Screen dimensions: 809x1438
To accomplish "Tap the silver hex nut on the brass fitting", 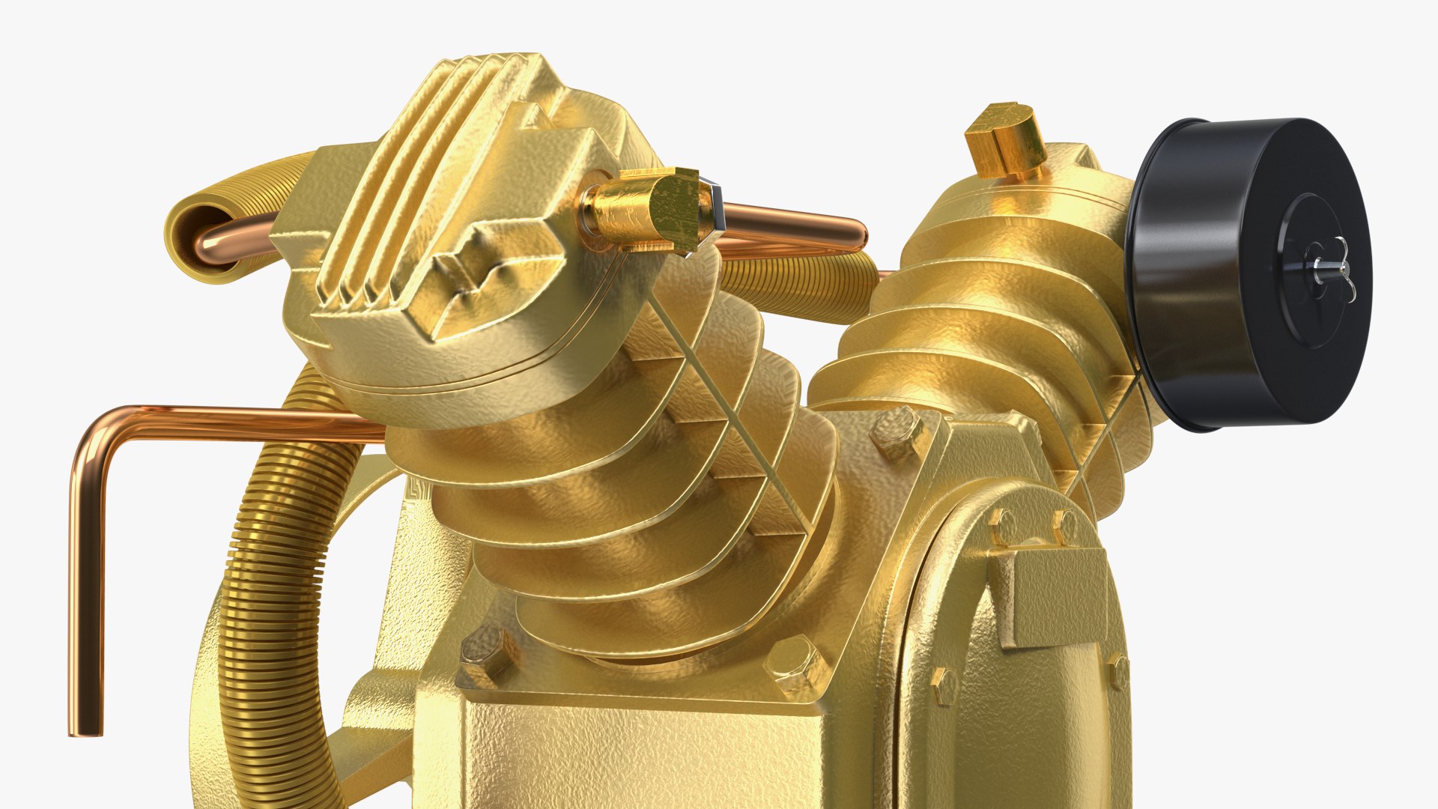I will coord(715,207).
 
